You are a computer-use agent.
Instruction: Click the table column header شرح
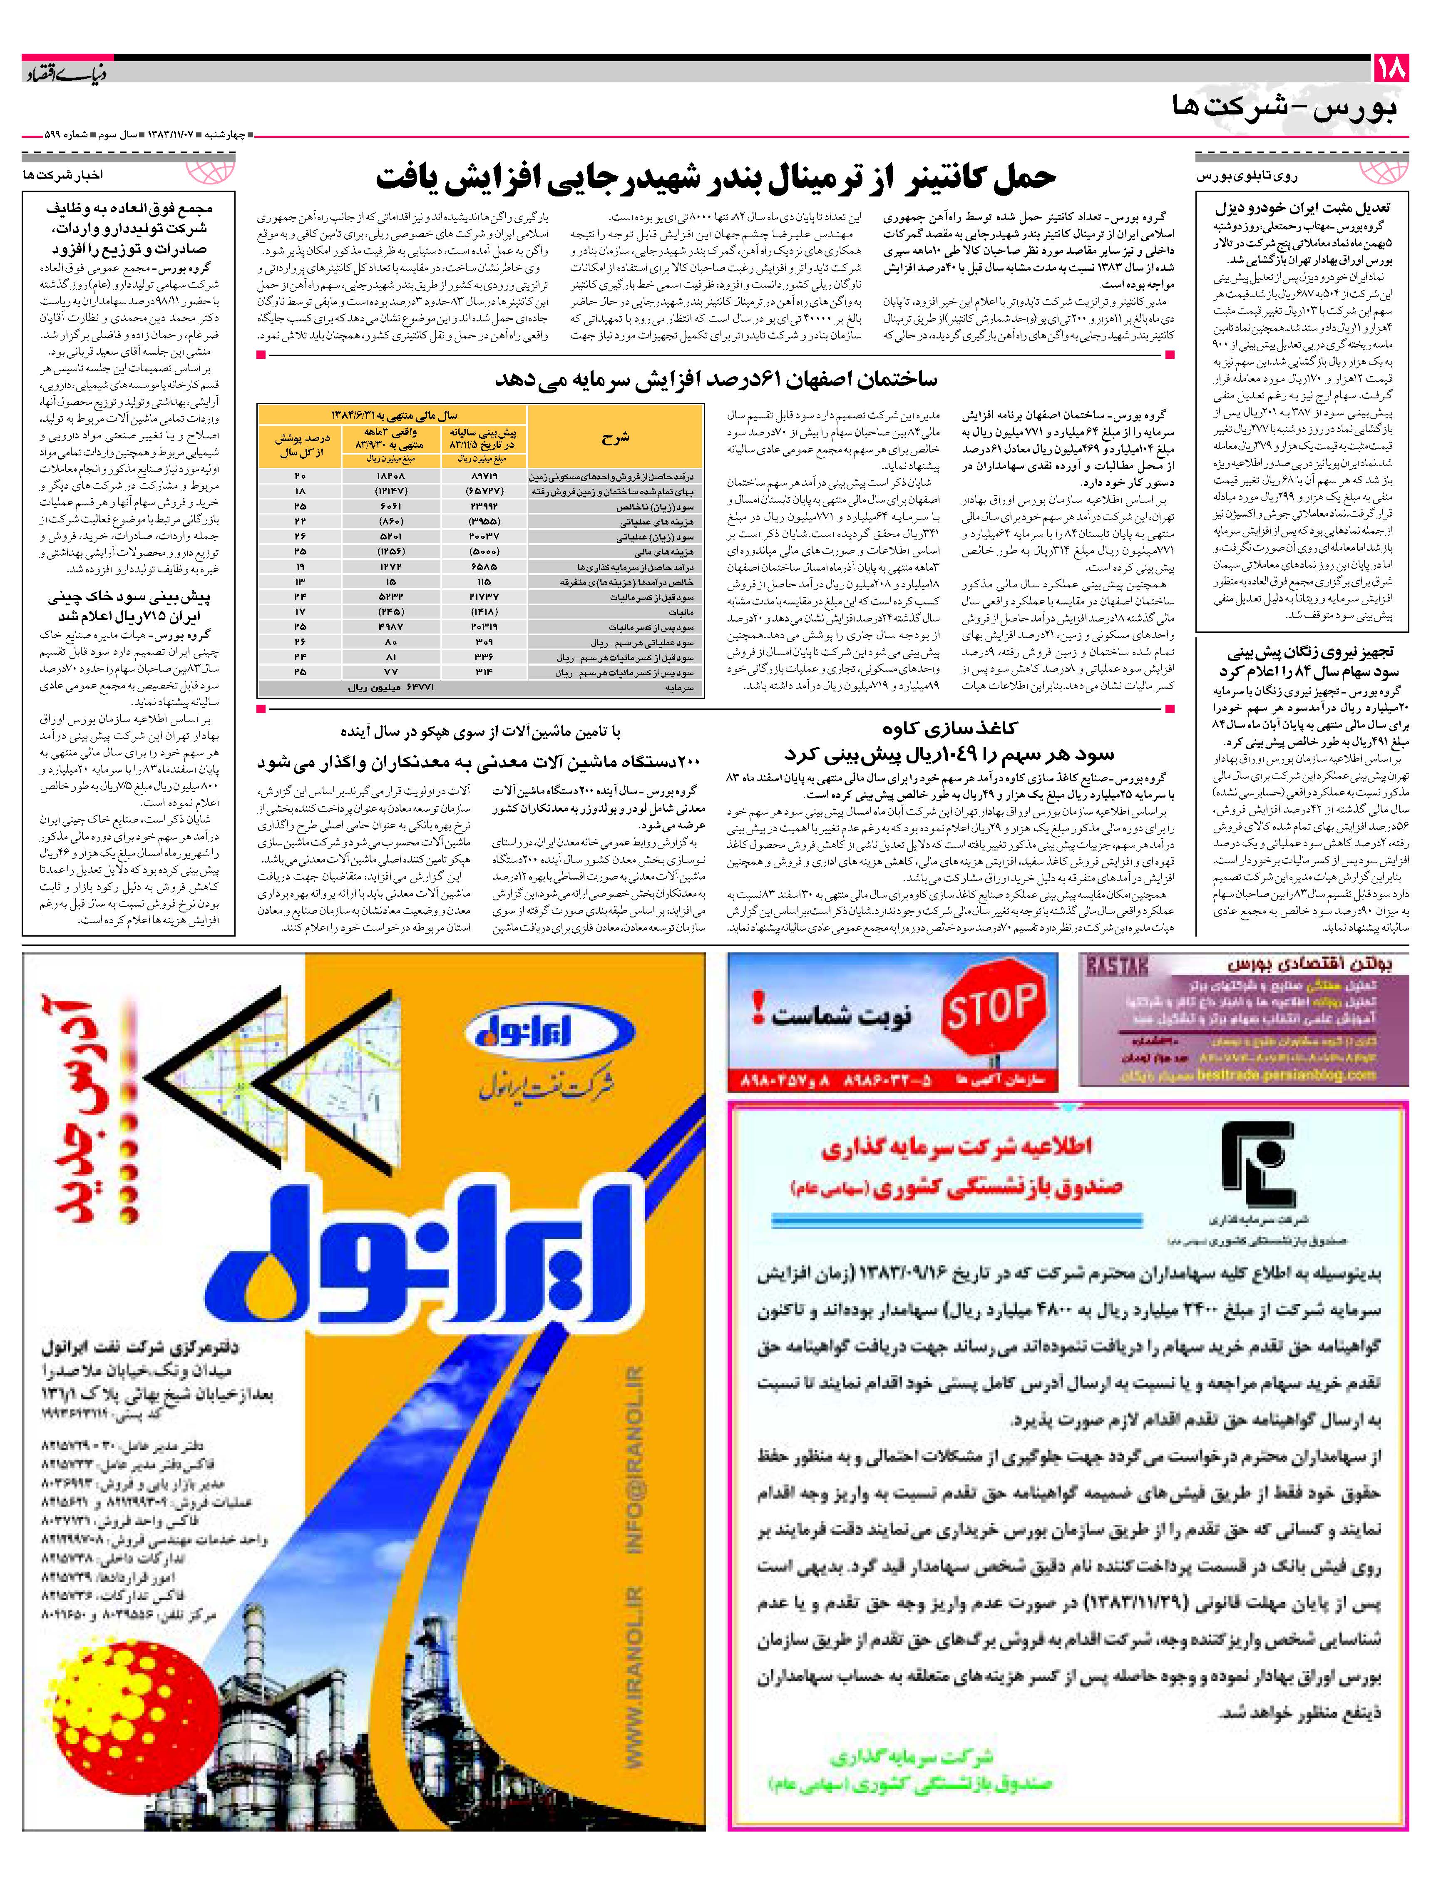coord(615,437)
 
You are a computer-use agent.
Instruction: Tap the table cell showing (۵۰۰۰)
coord(484,552)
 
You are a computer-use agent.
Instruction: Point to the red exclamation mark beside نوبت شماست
coord(758,1008)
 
